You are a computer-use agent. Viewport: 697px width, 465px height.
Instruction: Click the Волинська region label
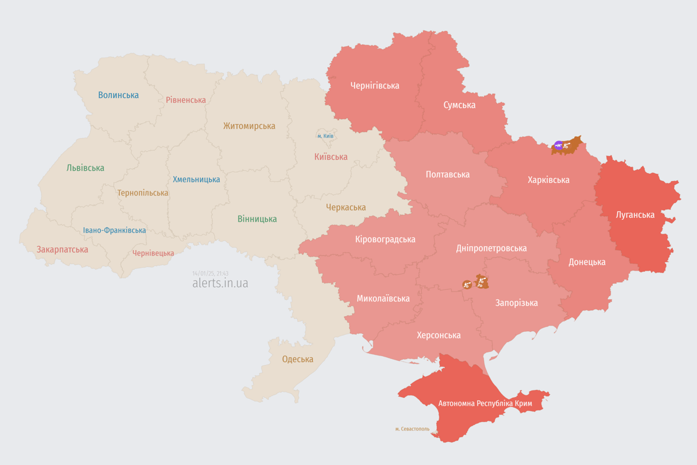[x=118, y=95]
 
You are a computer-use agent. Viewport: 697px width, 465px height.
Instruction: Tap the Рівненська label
[x=186, y=100]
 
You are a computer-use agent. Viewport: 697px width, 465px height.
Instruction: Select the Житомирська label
[x=249, y=126]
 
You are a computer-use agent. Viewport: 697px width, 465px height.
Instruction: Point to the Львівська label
[x=85, y=168]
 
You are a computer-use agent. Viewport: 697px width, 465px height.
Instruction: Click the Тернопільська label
[x=143, y=193]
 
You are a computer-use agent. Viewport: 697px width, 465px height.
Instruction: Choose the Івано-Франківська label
[x=114, y=230]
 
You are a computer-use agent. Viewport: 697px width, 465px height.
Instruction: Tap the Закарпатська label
[x=62, y=249]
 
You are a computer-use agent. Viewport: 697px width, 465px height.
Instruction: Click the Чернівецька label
[x=153, y=253]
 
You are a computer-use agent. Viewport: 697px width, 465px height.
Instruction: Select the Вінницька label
[x=257, y=219]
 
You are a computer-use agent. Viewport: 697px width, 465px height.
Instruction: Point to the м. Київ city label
[x=325, y=136]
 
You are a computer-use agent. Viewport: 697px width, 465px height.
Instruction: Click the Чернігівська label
[x=375, y=85]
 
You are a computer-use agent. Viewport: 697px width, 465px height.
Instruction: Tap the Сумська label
[x=459, y=105]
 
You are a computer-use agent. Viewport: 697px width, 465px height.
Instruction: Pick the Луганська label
[x=635, y=214]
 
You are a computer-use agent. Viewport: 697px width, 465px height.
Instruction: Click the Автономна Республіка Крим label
[x=485, y=403]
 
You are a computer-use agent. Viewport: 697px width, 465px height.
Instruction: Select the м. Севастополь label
[x=412, y=429]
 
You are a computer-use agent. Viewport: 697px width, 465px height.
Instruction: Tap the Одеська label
[x=298, y=359]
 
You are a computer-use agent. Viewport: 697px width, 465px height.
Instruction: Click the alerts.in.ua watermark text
[x=220, y=283]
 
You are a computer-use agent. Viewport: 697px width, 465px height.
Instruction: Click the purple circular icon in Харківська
[x=558, y=145]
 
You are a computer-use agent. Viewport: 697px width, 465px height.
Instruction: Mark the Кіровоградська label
[x=385, y=239]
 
